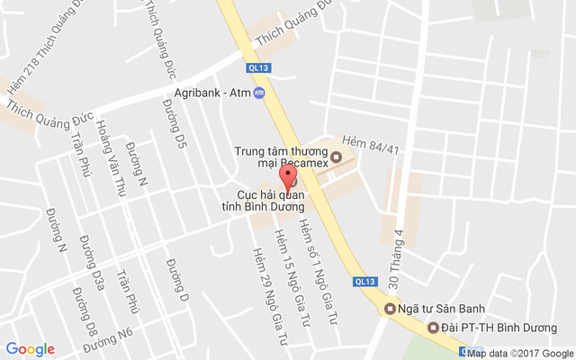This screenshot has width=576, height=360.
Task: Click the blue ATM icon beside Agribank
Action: pos(259,94)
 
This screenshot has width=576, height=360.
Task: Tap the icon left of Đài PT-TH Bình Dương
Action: pos(433,328)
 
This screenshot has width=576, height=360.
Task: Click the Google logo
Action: pos(31,349)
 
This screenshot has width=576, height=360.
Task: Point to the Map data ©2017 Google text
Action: pos(520,353)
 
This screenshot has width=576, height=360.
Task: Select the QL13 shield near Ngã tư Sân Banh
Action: pos(365,282)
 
